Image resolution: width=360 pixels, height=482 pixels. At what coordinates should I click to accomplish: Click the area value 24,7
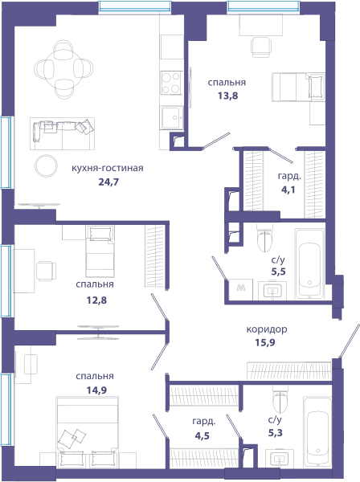[x=108, y=182]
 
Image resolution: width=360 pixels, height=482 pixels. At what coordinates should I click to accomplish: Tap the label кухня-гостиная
[x=108, y=169]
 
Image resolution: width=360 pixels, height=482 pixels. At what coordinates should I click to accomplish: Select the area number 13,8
[x=227, y=96]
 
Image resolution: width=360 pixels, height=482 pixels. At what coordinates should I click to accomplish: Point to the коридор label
[x=267, y=329]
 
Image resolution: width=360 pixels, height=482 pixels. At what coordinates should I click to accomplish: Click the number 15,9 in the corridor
[x=265, y=342]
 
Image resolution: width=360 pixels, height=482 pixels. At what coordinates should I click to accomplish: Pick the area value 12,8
[x=96, y=300]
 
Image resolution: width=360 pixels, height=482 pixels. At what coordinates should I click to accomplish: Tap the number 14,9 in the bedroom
[x=96, y=390]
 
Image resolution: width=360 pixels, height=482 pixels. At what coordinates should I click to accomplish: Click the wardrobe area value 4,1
[x=288, y=190]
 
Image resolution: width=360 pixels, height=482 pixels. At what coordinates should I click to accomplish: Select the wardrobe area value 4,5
[x=202, y=436]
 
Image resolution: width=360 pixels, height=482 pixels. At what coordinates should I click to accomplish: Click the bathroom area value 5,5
[x=278, y=272]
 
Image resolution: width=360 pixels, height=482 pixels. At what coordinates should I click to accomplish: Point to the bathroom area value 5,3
[x=275, y=433]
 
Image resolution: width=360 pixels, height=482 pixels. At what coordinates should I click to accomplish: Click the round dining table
[x=63, y=70]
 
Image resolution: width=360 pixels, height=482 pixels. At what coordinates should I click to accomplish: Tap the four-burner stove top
[x=171, y=83]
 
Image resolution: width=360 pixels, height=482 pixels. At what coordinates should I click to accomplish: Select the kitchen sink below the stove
[x=171, y=117]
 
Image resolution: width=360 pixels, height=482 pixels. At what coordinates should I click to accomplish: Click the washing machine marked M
[x=241, y=289]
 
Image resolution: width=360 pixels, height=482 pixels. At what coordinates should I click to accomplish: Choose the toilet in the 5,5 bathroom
[x=264, y=239]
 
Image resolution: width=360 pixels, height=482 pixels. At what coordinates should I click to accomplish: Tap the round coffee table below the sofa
[x=46, y=165]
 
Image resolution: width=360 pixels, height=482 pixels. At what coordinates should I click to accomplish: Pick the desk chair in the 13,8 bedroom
[x=261, y=47]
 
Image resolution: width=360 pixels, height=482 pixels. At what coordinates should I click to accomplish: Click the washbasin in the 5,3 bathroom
[x=279, y=459]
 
